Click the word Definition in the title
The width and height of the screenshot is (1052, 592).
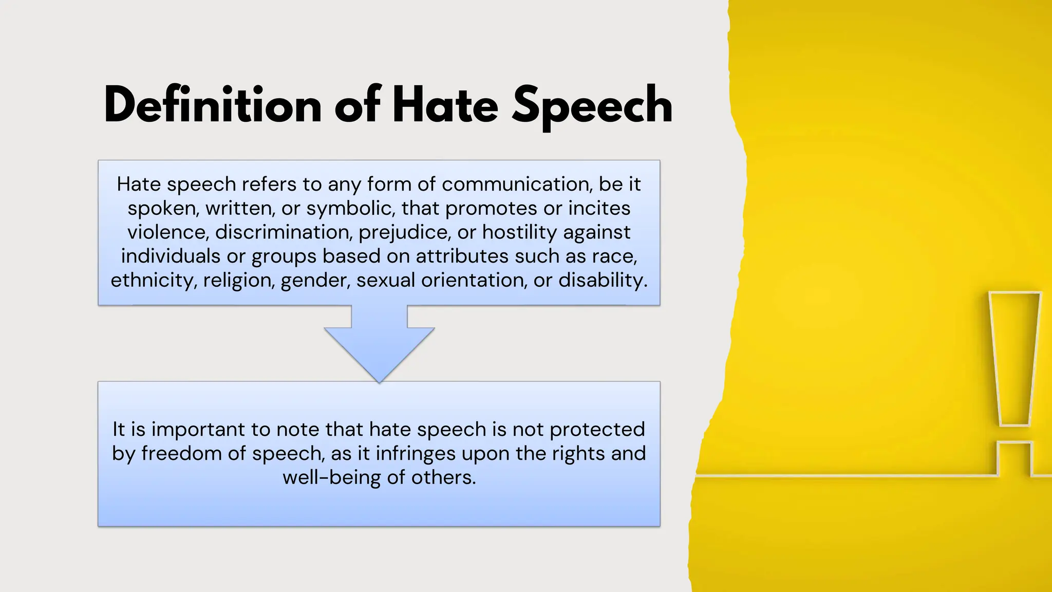point(213,105)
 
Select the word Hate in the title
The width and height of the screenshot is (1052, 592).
point(445,105)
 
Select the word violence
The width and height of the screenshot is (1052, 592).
point(168,232)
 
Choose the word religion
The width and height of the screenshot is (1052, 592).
point(239,280)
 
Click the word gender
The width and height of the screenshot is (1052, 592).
point(315,280)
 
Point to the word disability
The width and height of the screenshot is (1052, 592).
point(603,280)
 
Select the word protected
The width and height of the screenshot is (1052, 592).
point(597,429)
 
